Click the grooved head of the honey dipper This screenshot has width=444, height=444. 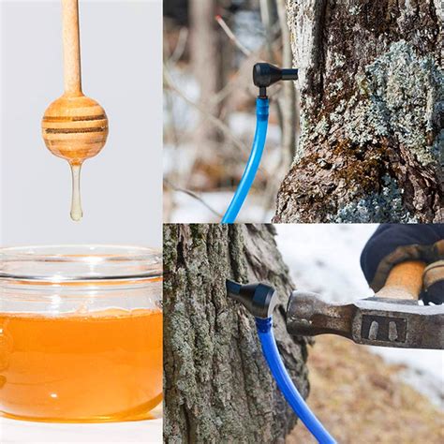tap(74, 127)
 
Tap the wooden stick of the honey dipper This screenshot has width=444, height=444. tap(71, 47)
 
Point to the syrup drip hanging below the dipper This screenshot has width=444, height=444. tap(76, 191)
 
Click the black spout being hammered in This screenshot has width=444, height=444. tap(250, 297)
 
